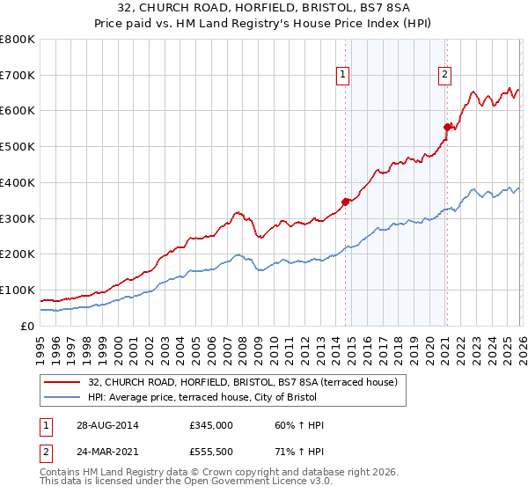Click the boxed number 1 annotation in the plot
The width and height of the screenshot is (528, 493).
point(341,76)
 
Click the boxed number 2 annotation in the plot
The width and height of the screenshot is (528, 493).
point(445,76)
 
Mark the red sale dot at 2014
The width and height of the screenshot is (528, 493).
point(345,202)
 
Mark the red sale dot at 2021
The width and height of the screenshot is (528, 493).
point(447,128)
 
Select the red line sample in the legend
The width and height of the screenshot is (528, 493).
point(62,383)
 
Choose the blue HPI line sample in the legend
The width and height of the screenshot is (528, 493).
point(62,397)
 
